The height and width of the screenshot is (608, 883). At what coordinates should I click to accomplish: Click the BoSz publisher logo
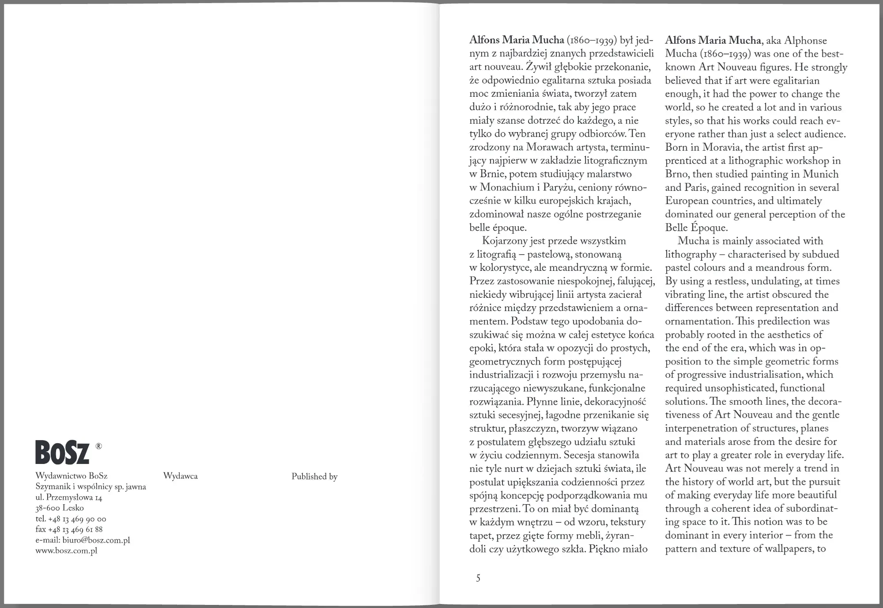pos(62,452)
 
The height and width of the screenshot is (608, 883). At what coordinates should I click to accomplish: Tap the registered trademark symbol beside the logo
pos(98,447)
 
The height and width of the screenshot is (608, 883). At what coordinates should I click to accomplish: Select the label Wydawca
pos(180,476)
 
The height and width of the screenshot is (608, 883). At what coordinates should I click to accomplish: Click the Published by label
pos(314,476)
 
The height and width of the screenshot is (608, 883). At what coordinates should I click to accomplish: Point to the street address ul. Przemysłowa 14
pos(69,498)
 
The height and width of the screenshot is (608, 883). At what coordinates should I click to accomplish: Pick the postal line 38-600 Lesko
pos(60,508)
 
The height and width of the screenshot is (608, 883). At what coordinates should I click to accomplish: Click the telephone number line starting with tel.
pos(71,519)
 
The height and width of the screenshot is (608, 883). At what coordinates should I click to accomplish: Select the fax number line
pos(69,529)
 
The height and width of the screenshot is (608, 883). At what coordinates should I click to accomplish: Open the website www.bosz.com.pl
pos(66,551)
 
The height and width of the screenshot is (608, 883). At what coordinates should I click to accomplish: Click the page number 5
pos(478,578)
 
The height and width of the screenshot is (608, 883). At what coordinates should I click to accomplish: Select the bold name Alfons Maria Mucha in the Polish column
pos(517,40)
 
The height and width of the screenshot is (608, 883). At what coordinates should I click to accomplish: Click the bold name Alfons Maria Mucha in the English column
pos(713,40)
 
